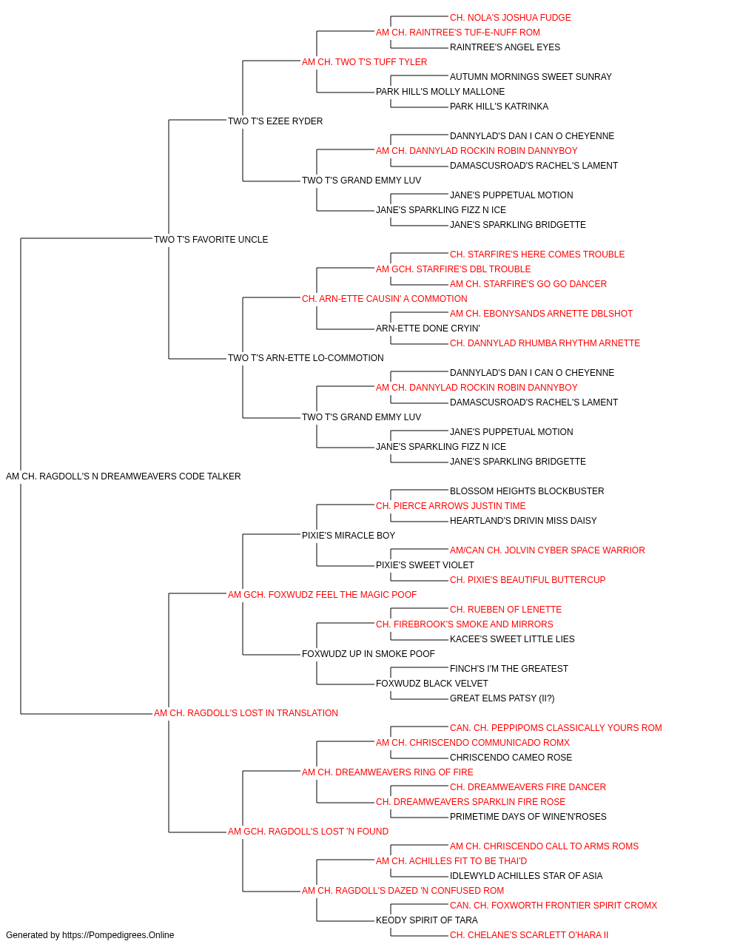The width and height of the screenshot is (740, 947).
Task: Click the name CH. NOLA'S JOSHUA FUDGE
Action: pyautogui.click(x=510, y=18)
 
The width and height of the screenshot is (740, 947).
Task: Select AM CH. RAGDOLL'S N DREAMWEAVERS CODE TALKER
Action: pyautogui.click(x=124, y=476)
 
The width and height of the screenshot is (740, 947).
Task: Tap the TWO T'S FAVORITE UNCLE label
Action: pyautogui.click(x=211, y=239)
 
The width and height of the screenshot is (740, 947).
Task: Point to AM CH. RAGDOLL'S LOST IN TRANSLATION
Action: pyautogui.click(x=246, y=713)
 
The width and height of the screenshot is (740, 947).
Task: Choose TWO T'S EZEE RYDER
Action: pyautogui.click(x=275, y=121)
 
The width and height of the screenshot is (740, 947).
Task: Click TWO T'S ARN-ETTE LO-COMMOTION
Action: pyautogui.click(x=306, y=358)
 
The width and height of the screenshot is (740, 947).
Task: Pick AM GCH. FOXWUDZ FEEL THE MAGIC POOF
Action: pyautogui.click(x=322, y=594)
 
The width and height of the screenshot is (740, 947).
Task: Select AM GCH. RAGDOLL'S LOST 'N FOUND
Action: pyautogui.click(x=308, y=832)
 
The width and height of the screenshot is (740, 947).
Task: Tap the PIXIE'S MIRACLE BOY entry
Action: pyautogui.click(x=349, y=535)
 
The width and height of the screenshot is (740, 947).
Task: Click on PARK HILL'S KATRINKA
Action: pyautogui.click(x=499, y=107)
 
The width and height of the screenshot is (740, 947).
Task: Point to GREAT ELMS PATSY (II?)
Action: pyautogui.click(x=502, y=698)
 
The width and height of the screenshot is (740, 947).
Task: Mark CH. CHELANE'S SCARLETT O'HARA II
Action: pyautogui.click(x=529, y=935)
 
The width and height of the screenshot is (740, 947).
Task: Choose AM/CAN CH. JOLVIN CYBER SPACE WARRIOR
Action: pyautogui.click(x=548, y=550)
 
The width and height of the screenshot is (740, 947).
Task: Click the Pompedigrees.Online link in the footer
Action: pyautogui.click(x=118, y=935)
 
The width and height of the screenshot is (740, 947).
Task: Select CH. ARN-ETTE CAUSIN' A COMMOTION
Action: pyautogui.click(x=384, y=298)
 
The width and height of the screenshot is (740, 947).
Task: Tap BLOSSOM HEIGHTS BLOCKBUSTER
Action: pyautogui.click(x=527, y=491)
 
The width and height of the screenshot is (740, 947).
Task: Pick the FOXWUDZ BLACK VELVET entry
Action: pyautogui.click(x=432, y=684)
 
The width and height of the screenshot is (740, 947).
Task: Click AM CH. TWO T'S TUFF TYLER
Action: pyautogui.click(x=364, y=62)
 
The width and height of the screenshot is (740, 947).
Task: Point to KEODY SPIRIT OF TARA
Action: pyautogui.click(x=427, y=920)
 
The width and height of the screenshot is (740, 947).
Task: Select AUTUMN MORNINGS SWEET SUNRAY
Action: pyautogui.click(x=531, y=77)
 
